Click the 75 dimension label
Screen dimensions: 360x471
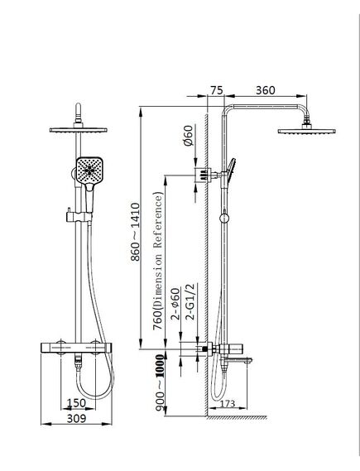pyautogui.click(x=217, y=90)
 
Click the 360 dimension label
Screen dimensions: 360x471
pyautogui.click(x=265, y=90)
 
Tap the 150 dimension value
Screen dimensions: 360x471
pyautogui.click(x=76, y=403)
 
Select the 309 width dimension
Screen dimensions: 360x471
pyautogui.click(x=76, y=418)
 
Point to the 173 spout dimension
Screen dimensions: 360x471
pyautogui.click(x=228, y=403)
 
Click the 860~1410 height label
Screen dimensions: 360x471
pyautogui.click(x=136, y=232)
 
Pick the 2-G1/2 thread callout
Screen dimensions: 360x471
pyautogui.click(x=190, y=301)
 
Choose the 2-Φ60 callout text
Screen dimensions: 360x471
pyautogui.click(x=175, y=304)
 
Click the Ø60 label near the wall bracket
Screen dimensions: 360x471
pyautogui.click(x=188, y=136)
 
